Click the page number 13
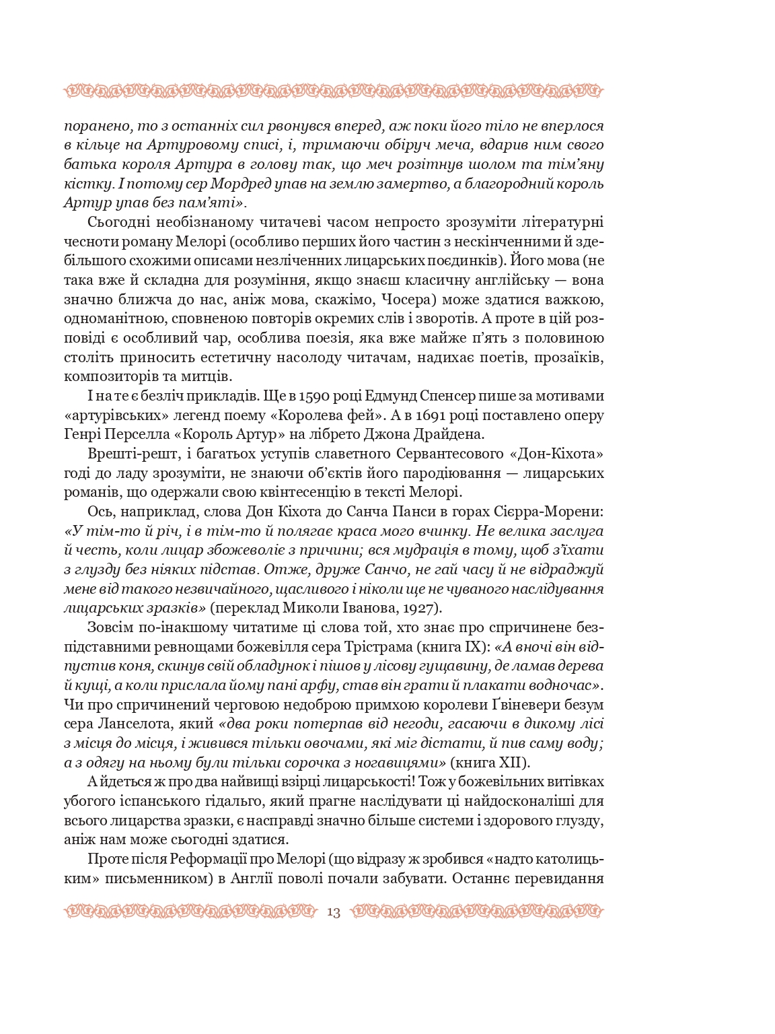pyautogui.click(x=334, y=913)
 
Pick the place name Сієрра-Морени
pyautogui.click(x=554, y=512)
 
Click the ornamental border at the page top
pyautogui.click(x=334, y=90)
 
